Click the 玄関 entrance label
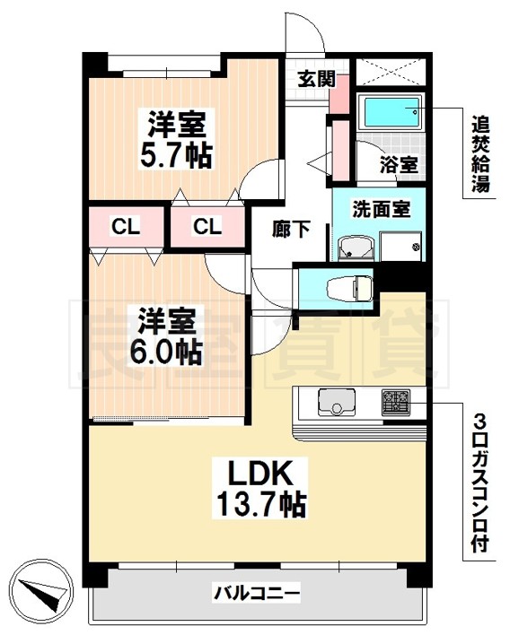click(317, 79)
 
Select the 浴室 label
click(399, 164)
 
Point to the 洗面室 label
click(381, 209)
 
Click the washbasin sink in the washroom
click(356, 248)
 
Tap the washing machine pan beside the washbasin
click(400, 247)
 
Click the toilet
click(350, 288)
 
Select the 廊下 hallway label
click(291, 229)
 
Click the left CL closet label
click(126, 226)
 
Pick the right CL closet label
click(207, 226)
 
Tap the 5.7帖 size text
click(176, 156)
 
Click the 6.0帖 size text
click(165, 353)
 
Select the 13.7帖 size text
click(260, 503)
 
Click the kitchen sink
click(337, 401)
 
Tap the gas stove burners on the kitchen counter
click(396, 402)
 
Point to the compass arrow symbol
click(41, 591)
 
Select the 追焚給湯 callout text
click(480, 154)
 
